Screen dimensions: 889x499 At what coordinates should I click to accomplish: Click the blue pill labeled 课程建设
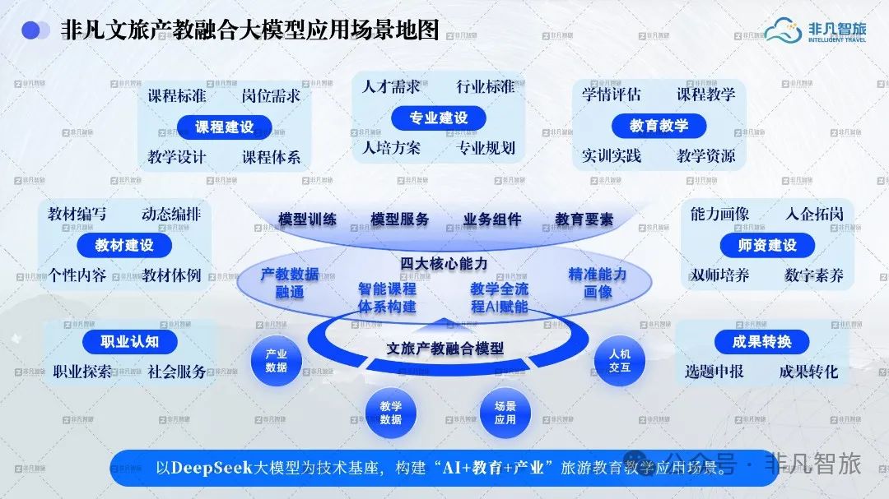point(225,127)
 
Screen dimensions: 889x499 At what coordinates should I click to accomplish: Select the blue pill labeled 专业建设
point(438,118)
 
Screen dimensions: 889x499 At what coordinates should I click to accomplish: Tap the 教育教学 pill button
point(659,125)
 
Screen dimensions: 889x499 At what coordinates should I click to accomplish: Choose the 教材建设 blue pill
point(124,245)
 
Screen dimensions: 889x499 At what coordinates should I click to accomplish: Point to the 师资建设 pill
point(767,245)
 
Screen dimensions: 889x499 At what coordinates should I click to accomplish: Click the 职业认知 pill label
point(130,341)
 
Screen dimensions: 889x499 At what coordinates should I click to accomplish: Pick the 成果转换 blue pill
point(761,341)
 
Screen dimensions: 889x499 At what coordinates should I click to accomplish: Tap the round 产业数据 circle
point(276,361)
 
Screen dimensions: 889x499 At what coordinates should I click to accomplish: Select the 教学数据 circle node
point(391,413)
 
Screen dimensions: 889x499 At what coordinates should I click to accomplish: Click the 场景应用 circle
point(505,413)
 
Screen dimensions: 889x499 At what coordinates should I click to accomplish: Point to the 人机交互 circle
point(620,361)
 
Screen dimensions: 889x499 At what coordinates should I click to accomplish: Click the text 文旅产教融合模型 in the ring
point(445,349)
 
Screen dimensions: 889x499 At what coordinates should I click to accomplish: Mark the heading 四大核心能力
point(444,263)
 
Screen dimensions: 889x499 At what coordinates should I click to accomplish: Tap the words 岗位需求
point(271,95)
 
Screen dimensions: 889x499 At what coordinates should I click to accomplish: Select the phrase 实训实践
point(611,155)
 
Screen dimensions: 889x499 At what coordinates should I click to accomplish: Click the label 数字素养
point(814,276)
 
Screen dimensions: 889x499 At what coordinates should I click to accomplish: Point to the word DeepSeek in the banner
point(212,468)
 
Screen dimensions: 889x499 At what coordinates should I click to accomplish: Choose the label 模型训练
point(307,219)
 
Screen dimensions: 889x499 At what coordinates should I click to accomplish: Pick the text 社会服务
point(177,372)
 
